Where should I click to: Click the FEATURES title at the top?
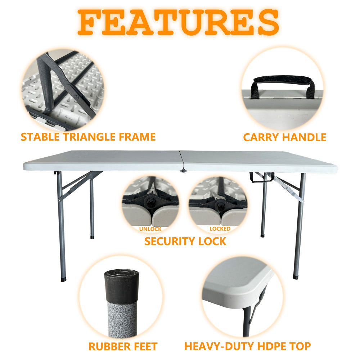(179, 22)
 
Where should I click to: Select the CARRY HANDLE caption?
(284, 137)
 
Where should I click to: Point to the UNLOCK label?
(150, 229)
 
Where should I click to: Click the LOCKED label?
(220, 229)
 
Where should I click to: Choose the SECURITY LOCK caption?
(185, 241)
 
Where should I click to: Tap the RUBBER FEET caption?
(123, 347)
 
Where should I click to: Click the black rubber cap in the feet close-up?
(121, 284)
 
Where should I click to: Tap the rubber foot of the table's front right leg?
(295, 276)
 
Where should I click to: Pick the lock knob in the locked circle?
(220, 205)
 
